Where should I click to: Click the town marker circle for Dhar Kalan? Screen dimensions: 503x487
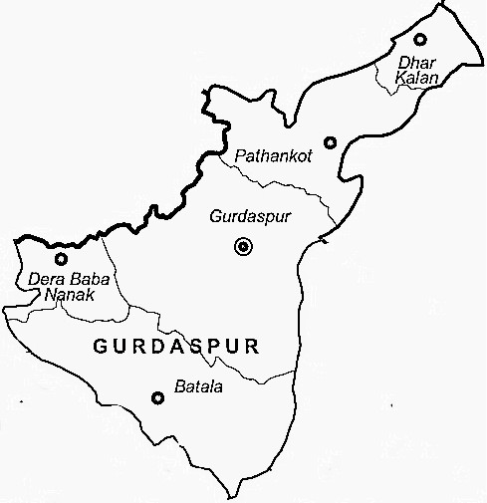(x=420, y=40)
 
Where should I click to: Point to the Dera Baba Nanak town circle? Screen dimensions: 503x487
(x=62, y=259)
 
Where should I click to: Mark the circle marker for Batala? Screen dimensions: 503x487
(x=156, y=398)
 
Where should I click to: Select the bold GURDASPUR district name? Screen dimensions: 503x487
(x=176, y=348)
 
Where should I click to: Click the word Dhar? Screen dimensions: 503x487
(x=410, y=63)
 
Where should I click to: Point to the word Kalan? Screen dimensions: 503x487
(x=411, y=79)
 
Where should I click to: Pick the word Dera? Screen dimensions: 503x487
(x=46, y=279)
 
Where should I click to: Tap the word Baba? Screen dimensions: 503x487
(x=83, y=279)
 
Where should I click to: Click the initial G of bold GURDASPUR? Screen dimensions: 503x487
(x=98, y=348)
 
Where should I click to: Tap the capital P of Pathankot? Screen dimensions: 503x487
(x=239, y=156)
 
